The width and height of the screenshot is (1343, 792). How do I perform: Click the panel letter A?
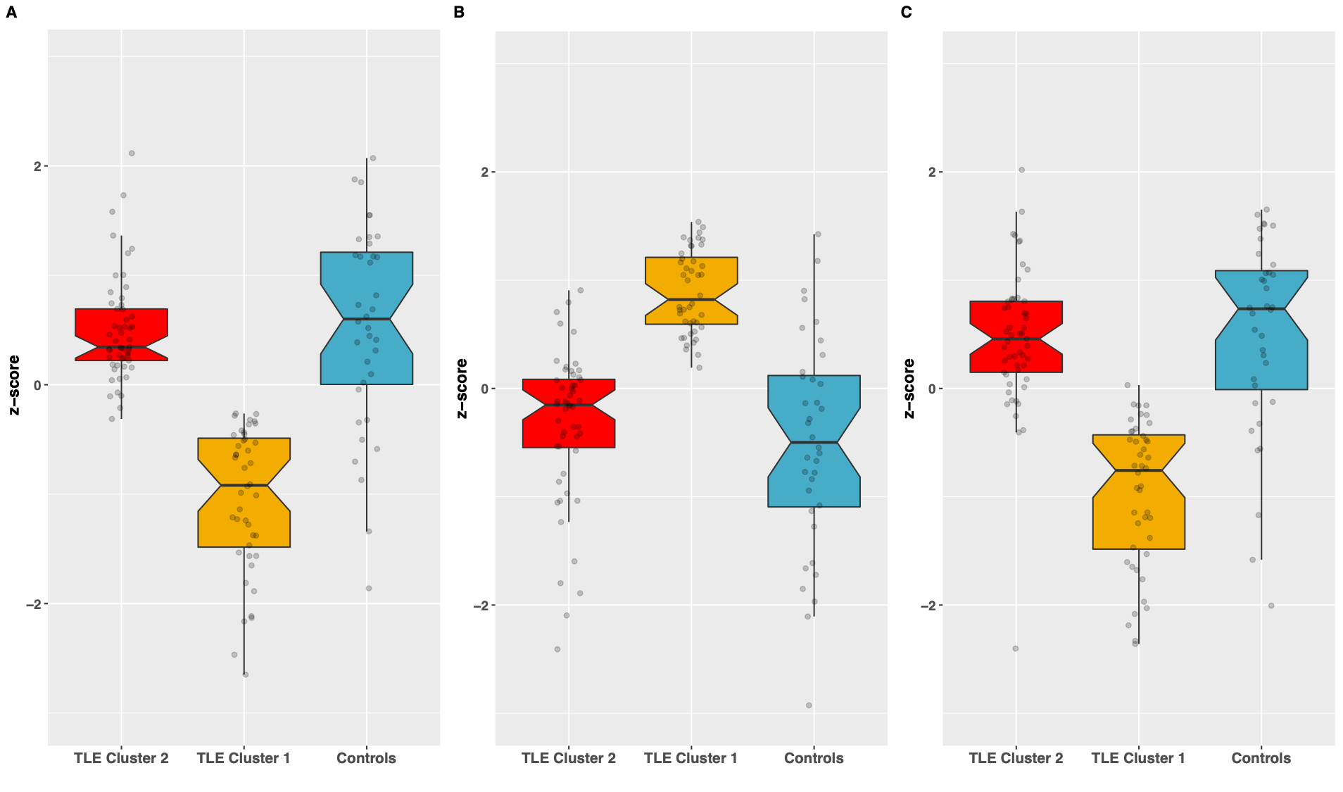[11, 13]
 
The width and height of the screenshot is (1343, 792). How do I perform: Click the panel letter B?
[459, 13]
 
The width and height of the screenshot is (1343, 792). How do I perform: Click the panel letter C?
[906, 13]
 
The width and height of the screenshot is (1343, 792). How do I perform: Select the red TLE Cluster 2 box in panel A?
[121, 334]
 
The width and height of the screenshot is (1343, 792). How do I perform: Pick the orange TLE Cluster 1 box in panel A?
[244, 493]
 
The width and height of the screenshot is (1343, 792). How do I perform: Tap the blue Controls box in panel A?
[366, 318]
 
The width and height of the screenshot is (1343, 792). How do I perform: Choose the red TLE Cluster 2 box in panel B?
[568, 413]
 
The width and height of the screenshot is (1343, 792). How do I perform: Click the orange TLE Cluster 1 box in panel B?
[691, 291]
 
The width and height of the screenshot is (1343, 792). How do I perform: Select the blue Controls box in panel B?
[814, 441]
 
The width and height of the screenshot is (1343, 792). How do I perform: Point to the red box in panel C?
[1016, 337]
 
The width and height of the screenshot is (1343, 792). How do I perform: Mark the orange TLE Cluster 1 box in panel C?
[1138, 492]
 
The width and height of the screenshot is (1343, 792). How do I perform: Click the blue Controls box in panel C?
[1261, 330]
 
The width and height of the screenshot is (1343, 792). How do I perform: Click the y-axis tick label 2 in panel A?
[37, 167]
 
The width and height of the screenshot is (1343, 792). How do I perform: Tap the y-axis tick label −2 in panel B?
[480, 605]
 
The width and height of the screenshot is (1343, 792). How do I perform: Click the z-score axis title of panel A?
[14, 385]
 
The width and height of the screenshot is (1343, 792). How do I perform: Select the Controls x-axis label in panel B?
[814, 758]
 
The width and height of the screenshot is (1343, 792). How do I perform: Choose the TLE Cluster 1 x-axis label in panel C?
[1138, 758]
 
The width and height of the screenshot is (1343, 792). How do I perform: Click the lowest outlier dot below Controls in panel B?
[809, 705]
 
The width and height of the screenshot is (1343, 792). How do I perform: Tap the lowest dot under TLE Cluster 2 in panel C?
[1016, 648]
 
